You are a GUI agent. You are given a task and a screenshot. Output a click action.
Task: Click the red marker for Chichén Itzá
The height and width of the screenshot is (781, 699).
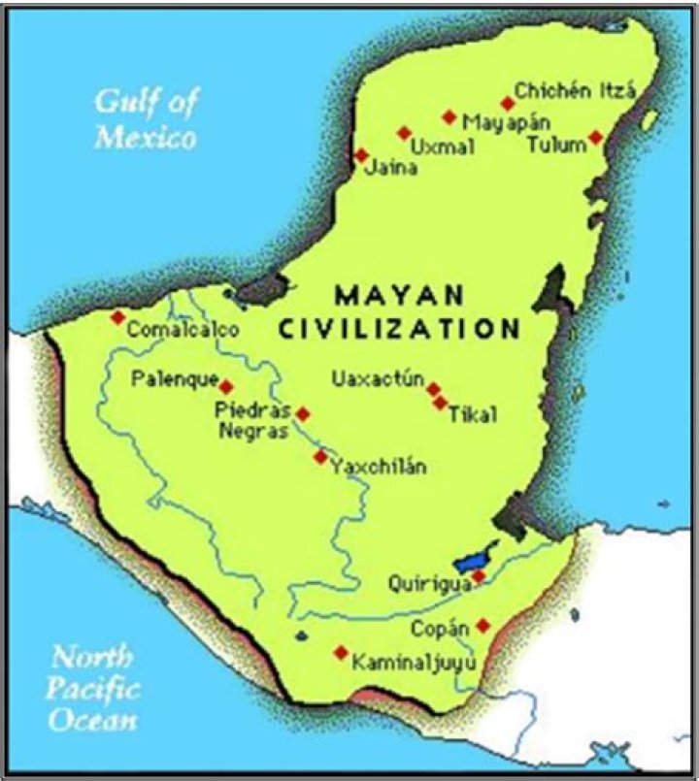[507, 103]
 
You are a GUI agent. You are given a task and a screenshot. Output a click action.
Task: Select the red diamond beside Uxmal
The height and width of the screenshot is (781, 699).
[404, 133]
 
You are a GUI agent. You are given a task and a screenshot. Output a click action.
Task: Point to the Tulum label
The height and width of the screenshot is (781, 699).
[556, 145]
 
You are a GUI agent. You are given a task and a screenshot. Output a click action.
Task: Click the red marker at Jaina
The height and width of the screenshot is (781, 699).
[361, 155]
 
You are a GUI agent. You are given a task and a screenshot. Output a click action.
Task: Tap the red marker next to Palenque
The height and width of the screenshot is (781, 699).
[226, 386]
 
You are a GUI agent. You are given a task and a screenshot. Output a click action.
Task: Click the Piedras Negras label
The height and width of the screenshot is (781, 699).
[252, 422]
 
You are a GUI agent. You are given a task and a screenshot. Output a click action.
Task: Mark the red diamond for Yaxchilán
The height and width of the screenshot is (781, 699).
[320, 456]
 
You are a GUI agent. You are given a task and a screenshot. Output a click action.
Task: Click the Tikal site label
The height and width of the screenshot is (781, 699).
[473, 415]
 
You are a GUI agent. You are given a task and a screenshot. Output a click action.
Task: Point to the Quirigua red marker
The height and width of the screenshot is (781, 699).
[479, 576]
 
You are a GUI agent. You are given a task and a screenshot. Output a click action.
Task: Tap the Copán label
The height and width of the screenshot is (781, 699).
[446, 627]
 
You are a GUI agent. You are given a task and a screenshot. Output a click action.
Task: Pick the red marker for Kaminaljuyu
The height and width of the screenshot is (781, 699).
[341, 653]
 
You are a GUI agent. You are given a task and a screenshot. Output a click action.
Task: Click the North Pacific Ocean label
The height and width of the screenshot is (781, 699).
[94, 689]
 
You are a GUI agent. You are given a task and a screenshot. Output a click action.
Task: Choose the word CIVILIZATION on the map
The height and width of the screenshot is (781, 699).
[399, 329]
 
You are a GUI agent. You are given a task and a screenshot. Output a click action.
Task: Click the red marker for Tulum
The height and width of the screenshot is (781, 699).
[596, 138]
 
